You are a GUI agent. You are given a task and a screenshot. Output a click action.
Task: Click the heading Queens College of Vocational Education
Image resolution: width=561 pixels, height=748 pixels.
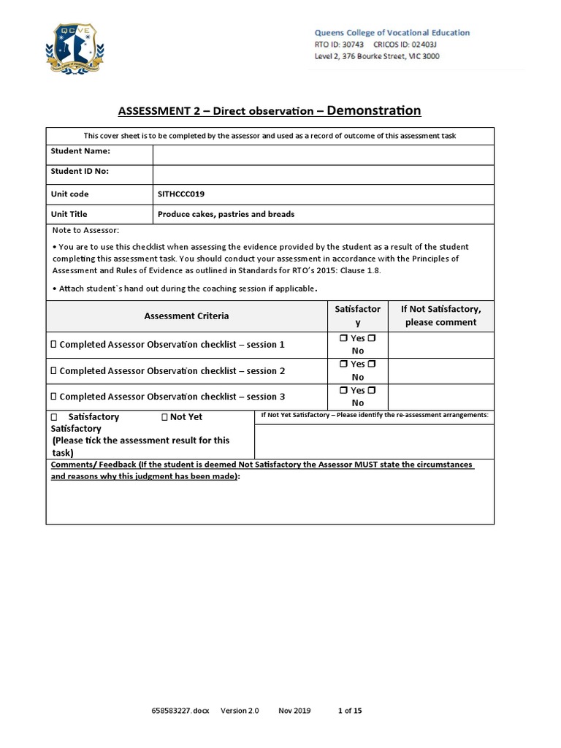[392, 33]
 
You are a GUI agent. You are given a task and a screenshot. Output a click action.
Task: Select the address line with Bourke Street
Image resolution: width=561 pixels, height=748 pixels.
[376, 56]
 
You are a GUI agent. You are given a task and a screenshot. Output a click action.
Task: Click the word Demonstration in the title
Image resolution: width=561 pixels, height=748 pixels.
[374, 110]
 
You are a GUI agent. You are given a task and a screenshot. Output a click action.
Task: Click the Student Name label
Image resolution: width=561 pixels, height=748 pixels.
[80, 151]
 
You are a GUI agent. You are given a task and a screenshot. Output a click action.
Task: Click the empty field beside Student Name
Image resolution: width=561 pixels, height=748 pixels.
[322, 155]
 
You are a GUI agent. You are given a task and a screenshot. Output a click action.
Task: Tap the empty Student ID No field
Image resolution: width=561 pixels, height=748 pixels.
[322, 174]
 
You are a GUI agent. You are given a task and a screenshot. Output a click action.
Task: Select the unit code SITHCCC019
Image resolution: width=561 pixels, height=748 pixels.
[182, 194]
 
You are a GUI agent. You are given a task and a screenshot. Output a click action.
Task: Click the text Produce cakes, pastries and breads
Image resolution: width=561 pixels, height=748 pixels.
[226, 214]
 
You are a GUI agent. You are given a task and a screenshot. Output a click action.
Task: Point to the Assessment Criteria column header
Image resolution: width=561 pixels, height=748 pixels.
[186, 316]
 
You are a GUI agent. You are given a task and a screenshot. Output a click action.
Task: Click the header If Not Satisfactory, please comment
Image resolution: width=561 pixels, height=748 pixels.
[440, 316]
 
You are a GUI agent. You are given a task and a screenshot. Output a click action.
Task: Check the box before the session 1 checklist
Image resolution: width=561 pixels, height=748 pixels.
[53, 344]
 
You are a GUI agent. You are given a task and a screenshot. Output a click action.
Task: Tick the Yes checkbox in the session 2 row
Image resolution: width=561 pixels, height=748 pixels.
[343, 364]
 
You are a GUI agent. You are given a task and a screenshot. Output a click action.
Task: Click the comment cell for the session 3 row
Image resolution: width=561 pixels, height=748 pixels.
[440, 397]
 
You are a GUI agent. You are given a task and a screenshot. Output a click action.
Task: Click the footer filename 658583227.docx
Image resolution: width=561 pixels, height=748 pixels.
[180, 710]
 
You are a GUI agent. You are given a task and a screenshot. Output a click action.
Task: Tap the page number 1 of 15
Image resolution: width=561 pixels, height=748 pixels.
[349, 710]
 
